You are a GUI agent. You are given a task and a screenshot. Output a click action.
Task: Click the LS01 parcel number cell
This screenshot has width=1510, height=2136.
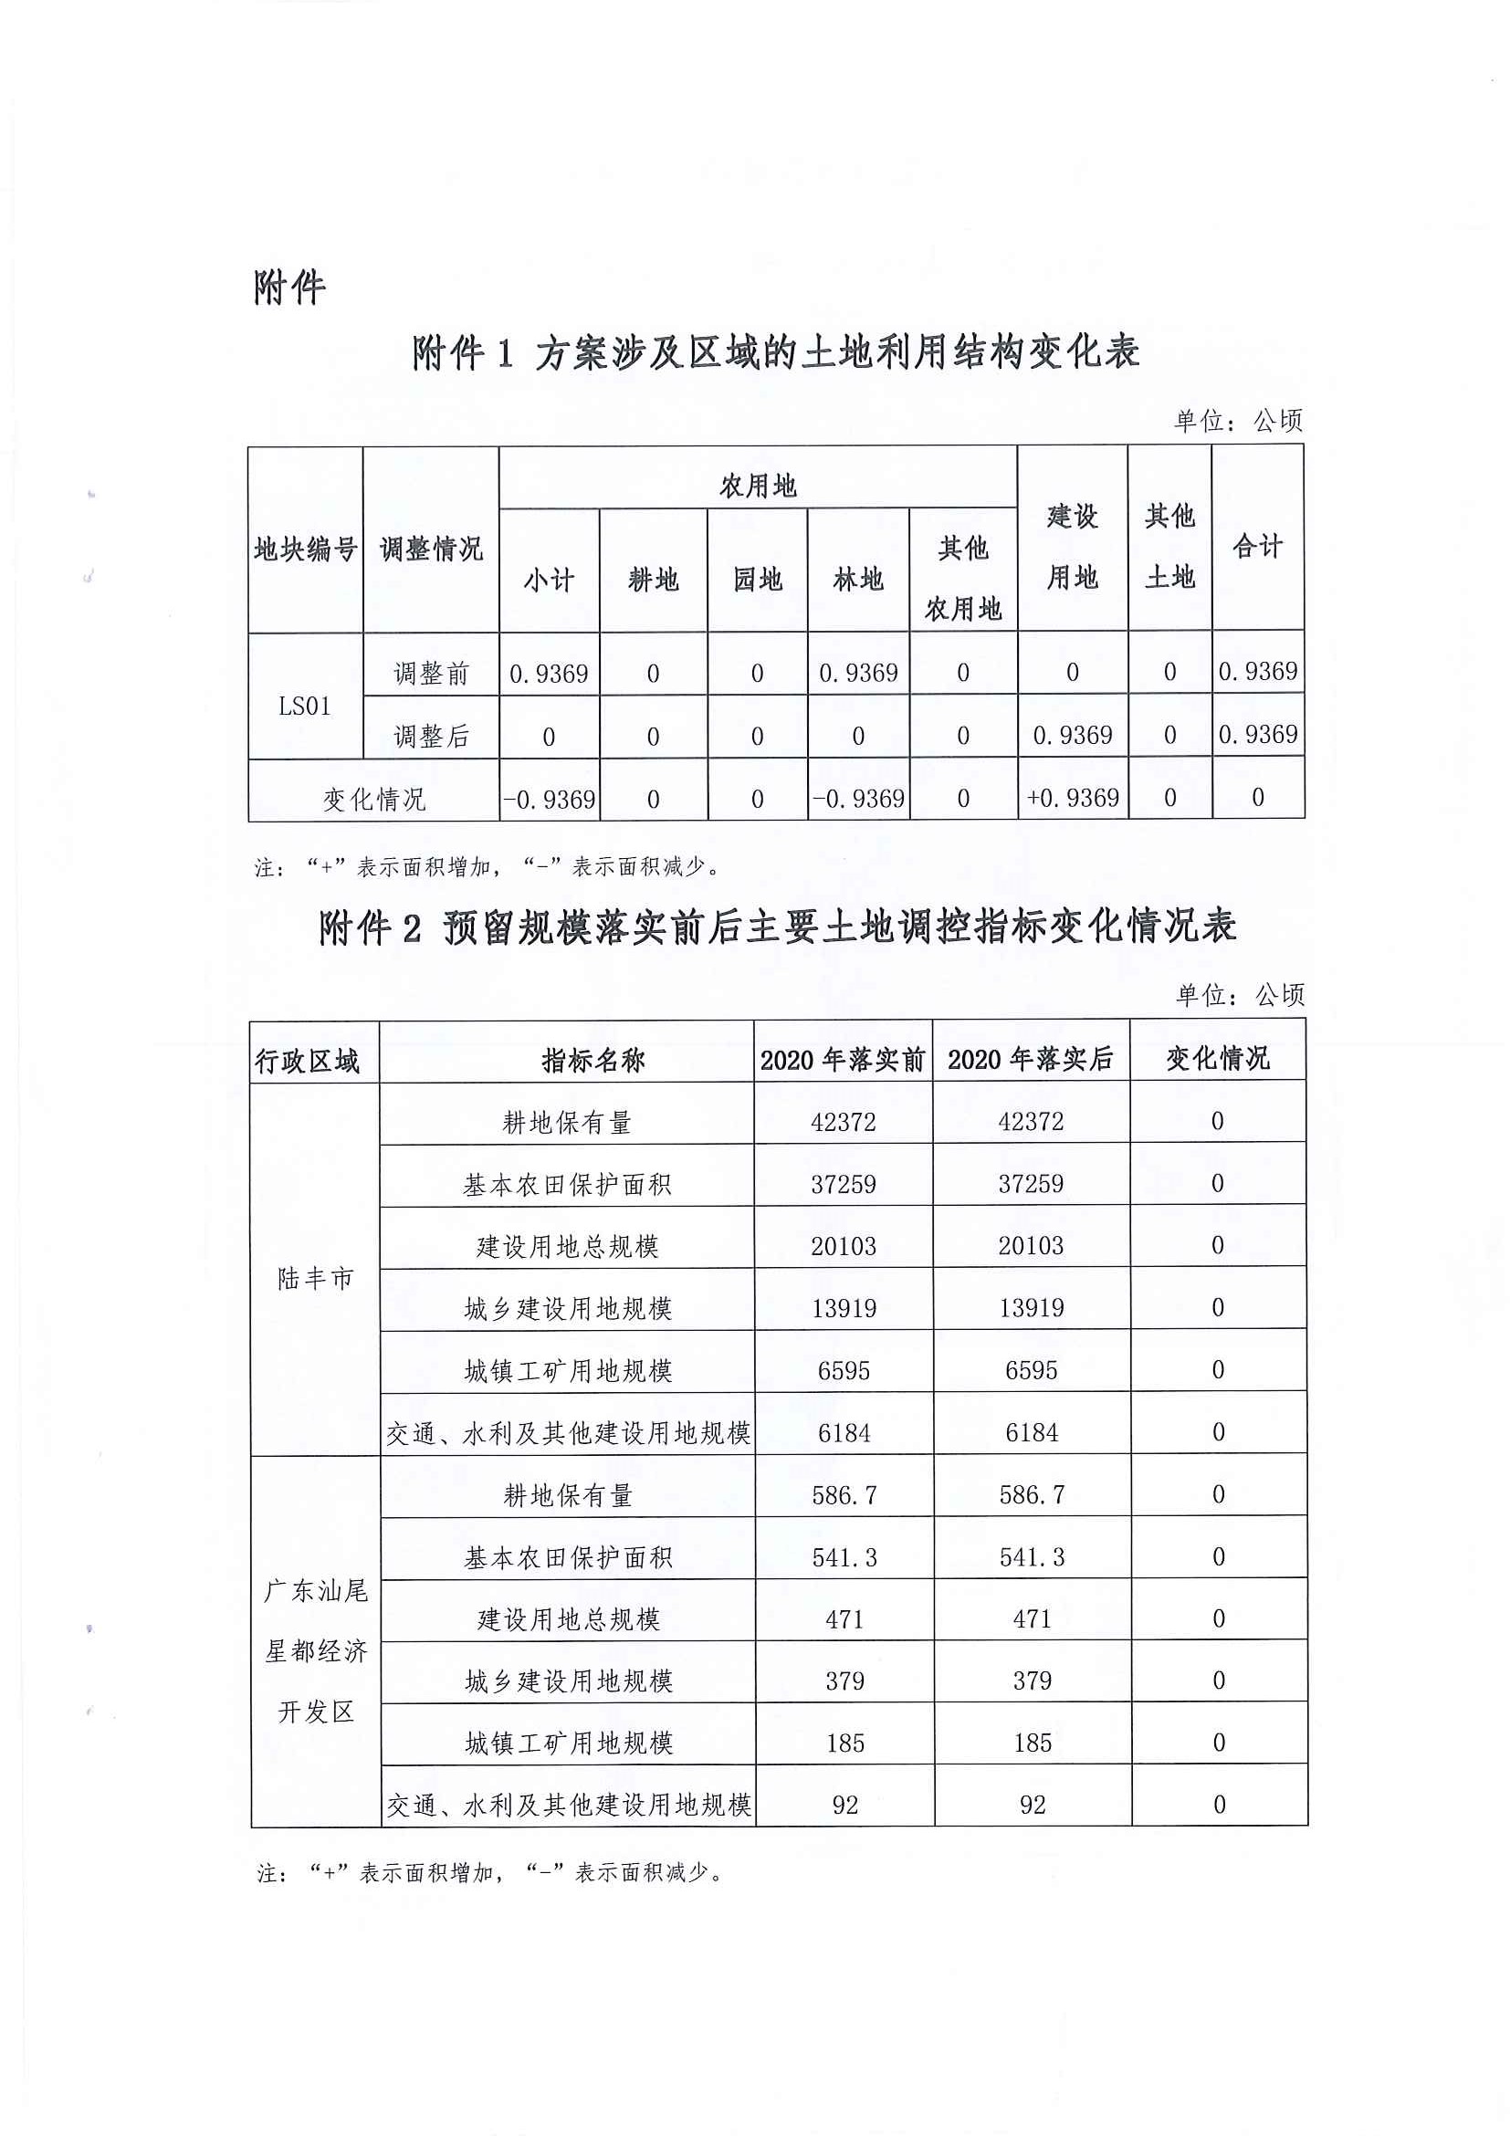[304, 706]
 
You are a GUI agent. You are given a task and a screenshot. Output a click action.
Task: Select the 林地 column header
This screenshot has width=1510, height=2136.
[858, 580]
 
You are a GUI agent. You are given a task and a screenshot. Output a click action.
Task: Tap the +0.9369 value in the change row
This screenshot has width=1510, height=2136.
[1072, 798]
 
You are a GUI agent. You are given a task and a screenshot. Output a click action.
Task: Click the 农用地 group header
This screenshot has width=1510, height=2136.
[758, 485]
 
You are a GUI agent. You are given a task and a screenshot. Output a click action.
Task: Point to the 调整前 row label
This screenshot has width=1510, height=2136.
[431, 673]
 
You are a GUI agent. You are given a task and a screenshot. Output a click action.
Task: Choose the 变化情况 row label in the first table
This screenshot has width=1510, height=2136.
[373, 799]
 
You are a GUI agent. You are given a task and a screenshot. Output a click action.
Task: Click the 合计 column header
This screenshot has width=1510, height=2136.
[1257, 546]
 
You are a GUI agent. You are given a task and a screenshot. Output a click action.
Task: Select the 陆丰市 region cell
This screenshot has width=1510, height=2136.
[315, 1278]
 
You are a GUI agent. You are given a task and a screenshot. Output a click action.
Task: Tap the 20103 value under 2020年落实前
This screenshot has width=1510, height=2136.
[843, 1246]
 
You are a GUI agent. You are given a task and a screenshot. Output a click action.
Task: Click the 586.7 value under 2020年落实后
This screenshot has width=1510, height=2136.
[1032, 1494]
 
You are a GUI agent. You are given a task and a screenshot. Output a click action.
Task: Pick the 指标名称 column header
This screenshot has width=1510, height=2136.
[592, 1060]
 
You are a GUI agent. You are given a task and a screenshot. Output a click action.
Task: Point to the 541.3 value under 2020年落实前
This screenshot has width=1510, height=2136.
[844, 1556]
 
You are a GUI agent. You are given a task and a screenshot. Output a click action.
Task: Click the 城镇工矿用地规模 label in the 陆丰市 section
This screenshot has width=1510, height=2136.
[568, 1370]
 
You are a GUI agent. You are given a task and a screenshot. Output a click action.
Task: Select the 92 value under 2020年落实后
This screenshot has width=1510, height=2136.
[1033, 1805]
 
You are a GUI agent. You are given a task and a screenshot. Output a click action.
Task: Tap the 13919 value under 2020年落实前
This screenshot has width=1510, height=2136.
[844, 1308]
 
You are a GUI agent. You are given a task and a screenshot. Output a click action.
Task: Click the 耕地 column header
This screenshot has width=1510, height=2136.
[653, 580]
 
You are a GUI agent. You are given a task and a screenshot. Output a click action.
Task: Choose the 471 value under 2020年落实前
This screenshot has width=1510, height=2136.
[844, 1618]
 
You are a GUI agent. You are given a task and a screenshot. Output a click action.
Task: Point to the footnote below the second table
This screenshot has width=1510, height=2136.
[489, 1872]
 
